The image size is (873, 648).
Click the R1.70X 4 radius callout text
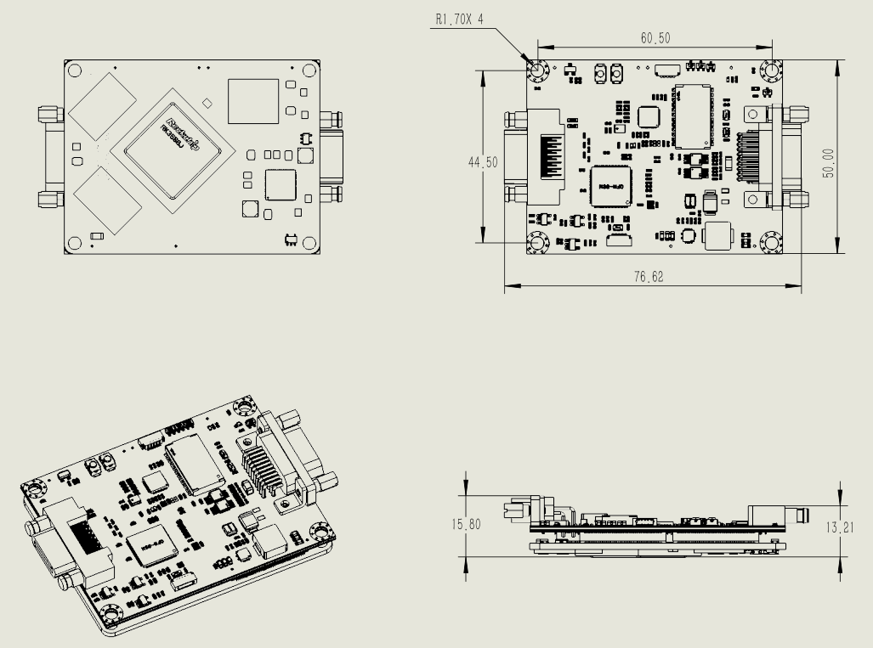click(x=460, y=19)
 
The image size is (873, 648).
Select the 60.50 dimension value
click(x=655, y=38)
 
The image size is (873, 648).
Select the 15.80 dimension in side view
click(x=465, y=524)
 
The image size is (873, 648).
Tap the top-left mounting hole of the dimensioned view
click(x=537, y=72)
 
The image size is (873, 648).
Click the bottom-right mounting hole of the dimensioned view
click(x=772, y=243)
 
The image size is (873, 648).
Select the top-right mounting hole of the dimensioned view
click(x=772, y=72)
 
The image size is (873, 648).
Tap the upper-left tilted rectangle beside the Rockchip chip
click(x=102, y=105)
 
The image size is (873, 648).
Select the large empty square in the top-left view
click(x=252, y=101)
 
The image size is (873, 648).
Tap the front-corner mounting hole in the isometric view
click(x=111, y=615)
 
